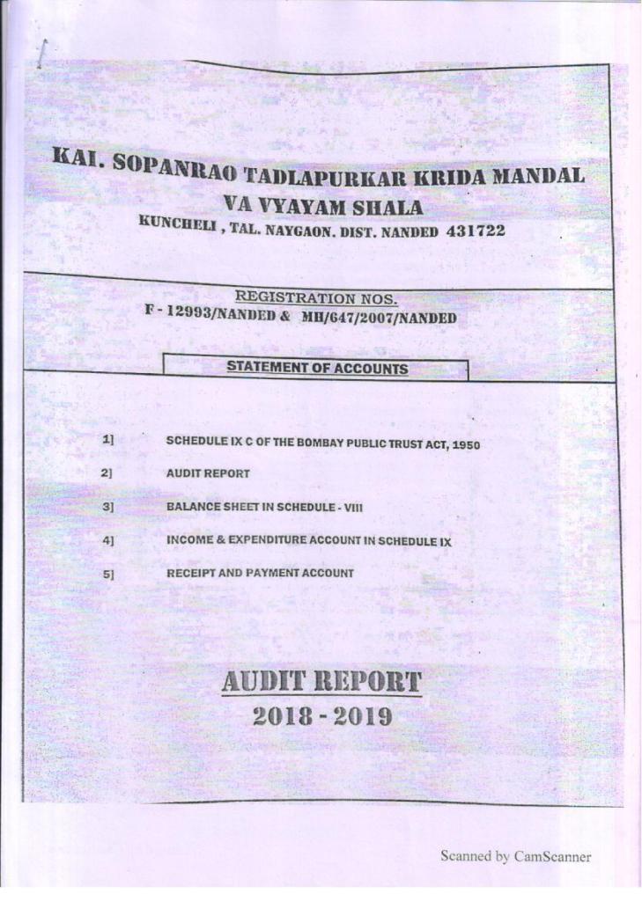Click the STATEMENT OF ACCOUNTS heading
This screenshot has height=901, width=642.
(317, 368)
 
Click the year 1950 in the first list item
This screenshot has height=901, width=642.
(466, 445)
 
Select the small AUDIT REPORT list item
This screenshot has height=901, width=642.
(208, 473)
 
